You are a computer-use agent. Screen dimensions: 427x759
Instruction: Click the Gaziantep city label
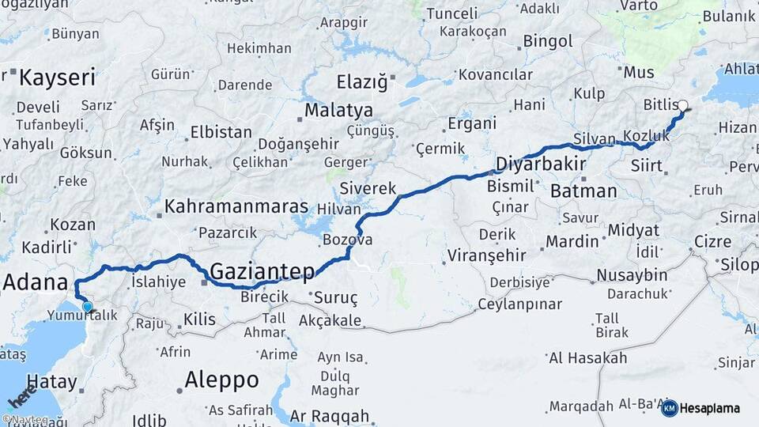pos(262,272)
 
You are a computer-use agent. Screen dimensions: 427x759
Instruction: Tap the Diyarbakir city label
pos(540,164)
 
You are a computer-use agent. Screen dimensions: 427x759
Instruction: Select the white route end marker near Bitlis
pos(682,104)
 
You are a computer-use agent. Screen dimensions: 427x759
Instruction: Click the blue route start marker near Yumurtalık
pos(87,307)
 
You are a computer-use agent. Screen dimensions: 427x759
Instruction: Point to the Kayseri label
pos(57,77)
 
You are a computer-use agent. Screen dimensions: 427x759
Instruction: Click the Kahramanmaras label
pos(236,207)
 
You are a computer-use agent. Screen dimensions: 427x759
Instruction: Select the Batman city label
pos(583,191)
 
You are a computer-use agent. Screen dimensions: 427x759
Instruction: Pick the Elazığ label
pos(363,81)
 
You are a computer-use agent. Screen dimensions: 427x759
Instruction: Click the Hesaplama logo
pos(700,408)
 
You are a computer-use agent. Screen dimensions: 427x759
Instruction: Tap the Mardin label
pos(572,240)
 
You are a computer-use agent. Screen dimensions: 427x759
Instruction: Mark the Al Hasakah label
pos(587,358)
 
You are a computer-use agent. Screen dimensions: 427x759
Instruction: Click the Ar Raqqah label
pos(330,416)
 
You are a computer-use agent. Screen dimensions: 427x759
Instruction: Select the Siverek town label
pos(368,188)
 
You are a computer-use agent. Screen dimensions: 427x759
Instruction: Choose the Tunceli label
pos(451,13)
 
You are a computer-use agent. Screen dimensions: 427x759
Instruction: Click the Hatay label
pos(52,383)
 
